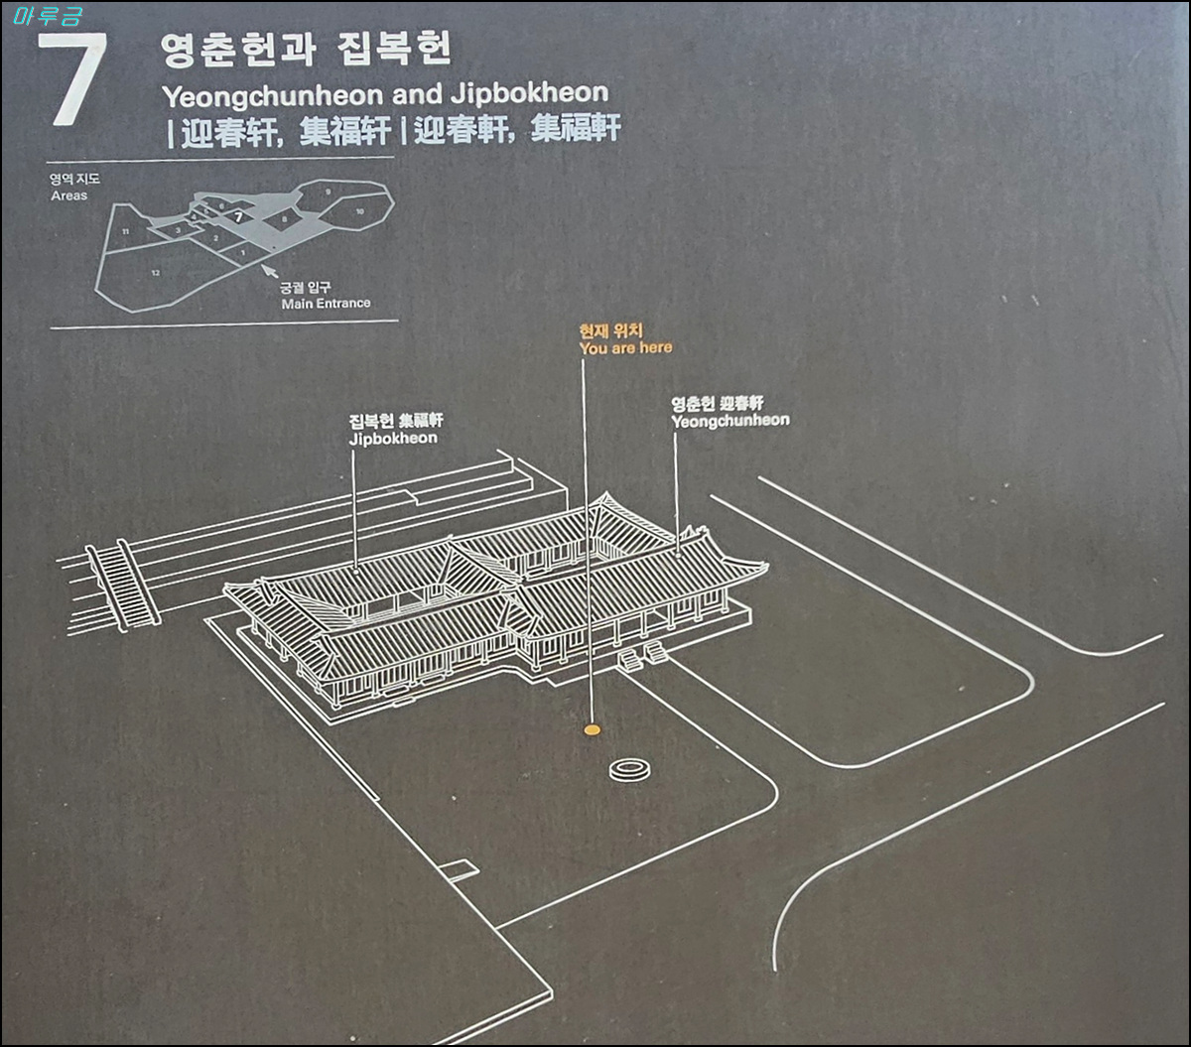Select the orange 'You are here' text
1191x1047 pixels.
click(x=625, y=347)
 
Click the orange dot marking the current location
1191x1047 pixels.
click(x=592, y=730)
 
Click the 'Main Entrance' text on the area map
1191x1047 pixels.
click(x=326, y=303)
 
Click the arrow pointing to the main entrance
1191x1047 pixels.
click(x=267, y=268)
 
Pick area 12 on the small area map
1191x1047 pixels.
click(x=156, y=271)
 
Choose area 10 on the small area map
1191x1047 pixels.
click(x=359, y=211)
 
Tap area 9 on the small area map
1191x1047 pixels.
click(x=327, y=191)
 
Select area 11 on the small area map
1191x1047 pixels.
click(x=125, y=231)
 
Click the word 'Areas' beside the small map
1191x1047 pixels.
click(x=69, y=196)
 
